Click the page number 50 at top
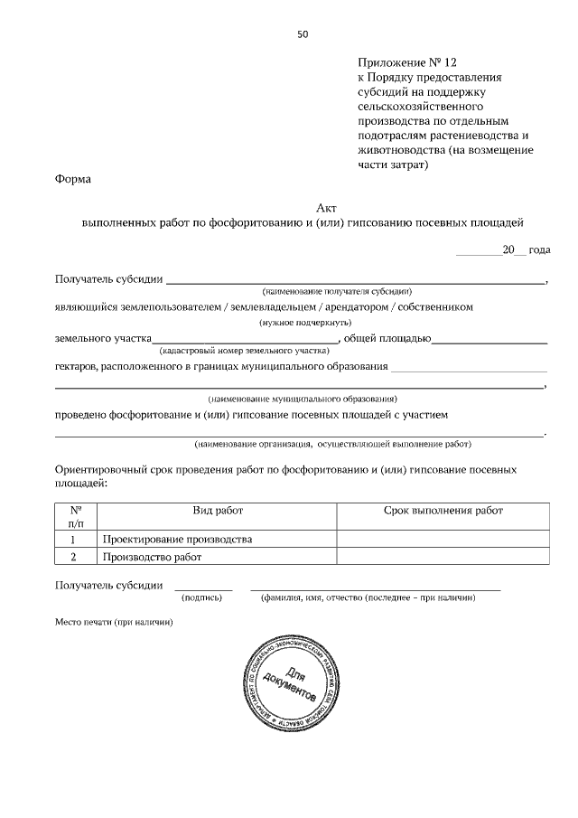303,34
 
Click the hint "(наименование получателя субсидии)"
337,292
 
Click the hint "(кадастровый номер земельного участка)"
244,349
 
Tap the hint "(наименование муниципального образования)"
302,399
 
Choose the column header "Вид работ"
218,511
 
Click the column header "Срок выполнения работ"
443,511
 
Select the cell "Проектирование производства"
176,540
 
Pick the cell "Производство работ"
150,557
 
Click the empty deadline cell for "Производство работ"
443,557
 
